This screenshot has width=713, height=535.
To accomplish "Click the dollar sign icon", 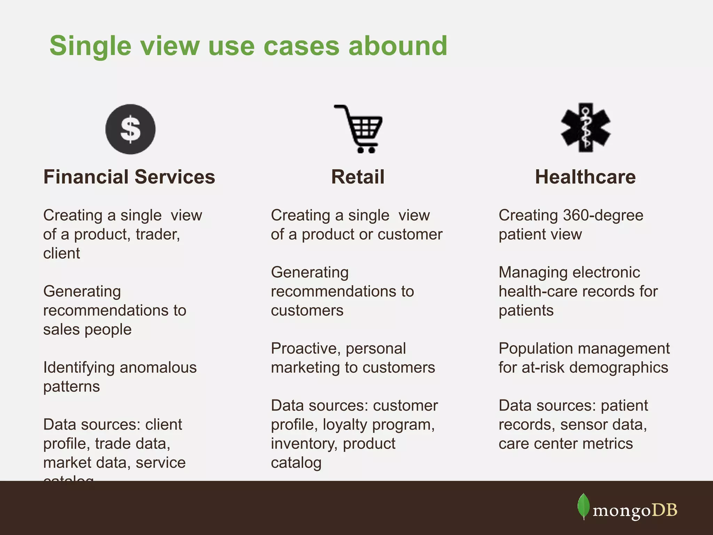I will [x=130, y=129].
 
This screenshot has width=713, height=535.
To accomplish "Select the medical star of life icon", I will [x=586, y=127].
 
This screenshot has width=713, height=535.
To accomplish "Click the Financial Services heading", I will [x=129, y=177].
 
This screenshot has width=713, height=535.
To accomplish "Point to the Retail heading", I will [x=358, y=177].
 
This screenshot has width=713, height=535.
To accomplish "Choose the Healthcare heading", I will [x=585, y=177].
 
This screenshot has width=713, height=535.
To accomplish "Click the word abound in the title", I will [x=398, y=46].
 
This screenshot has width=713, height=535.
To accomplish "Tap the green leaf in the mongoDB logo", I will [x=583, y=506].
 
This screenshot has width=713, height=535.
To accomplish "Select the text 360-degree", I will [x=603, y=215].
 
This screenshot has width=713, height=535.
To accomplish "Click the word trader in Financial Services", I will [x=157, y=234].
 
